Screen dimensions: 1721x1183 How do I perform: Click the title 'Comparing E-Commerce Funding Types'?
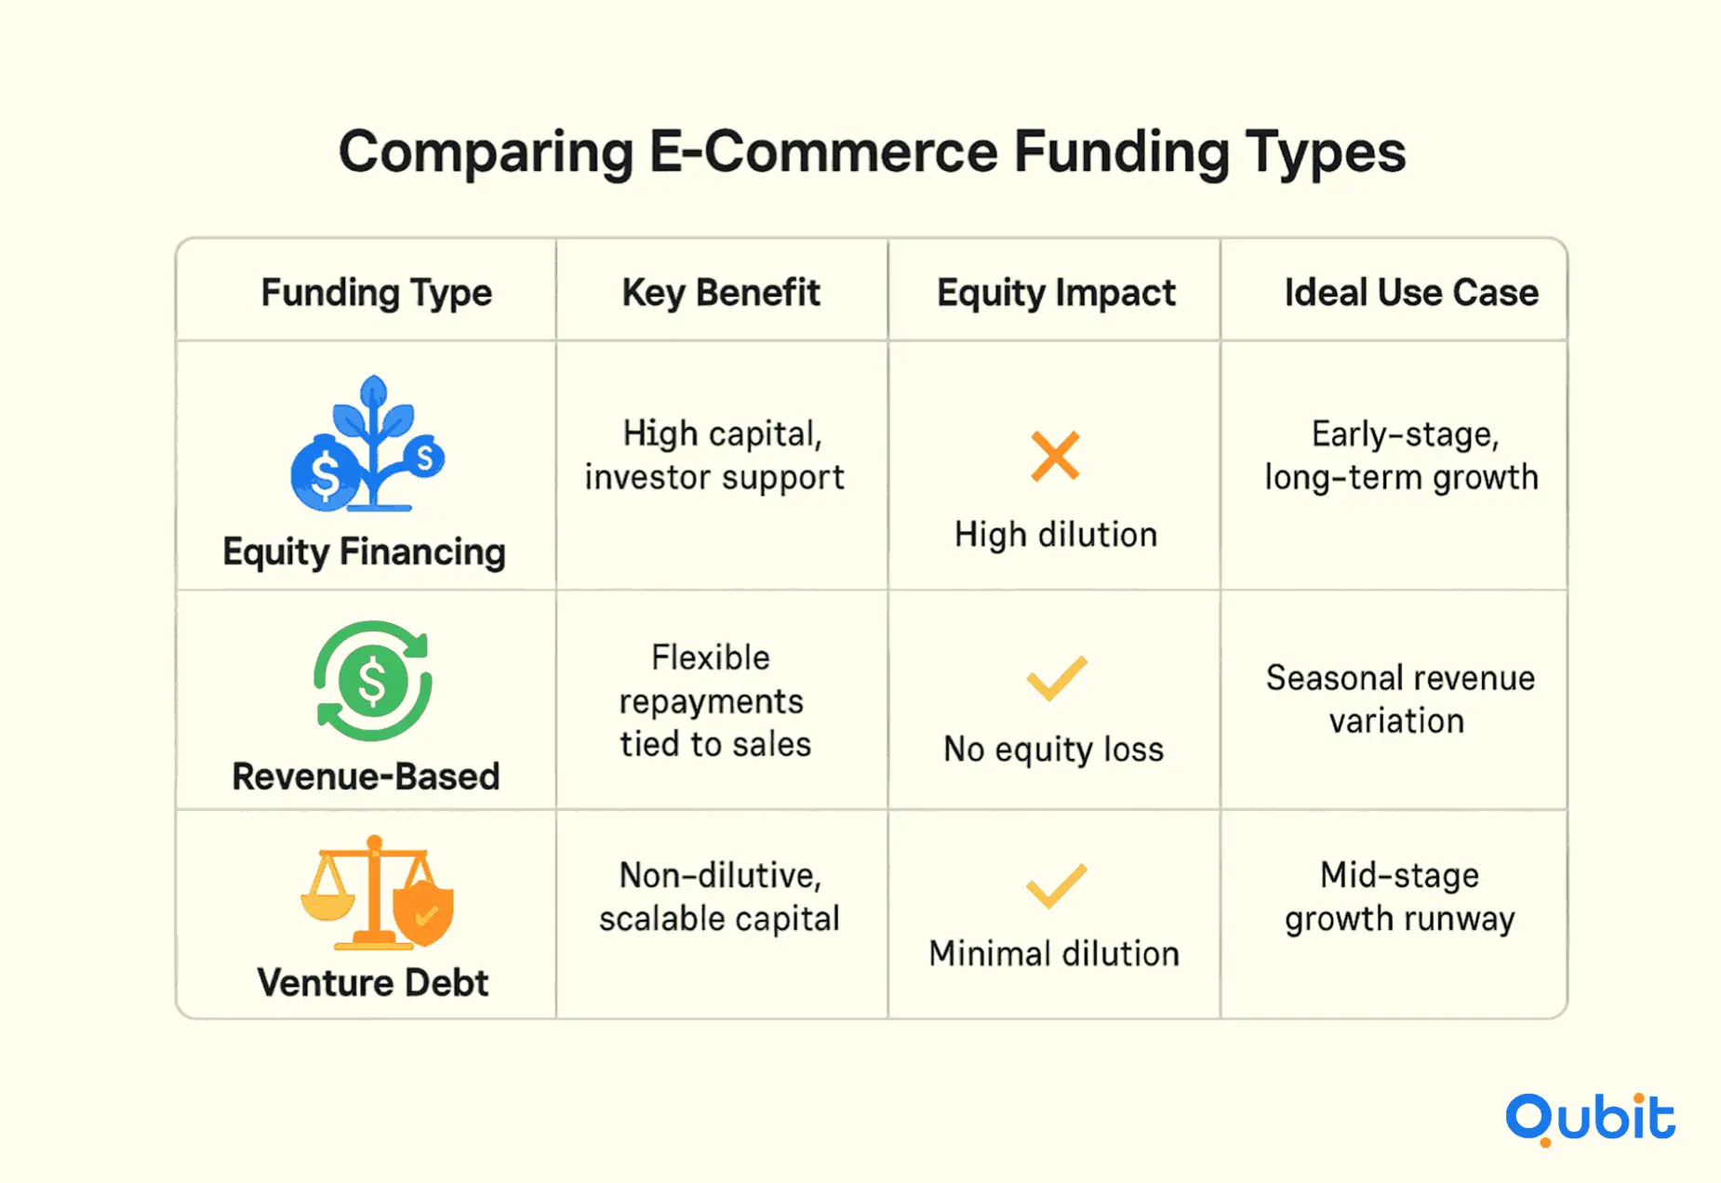click(x=872, y=153)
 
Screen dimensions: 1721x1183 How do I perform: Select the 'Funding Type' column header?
click(x=376, y=293)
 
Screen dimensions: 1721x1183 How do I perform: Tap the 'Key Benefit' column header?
click(x=721, y=292)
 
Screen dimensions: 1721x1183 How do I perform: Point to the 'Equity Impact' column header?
click(x=1056, y=293)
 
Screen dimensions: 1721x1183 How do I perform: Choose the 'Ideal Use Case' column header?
click(x=1411, y=292)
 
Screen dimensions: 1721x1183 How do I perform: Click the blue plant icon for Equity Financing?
click(x=368, y=444)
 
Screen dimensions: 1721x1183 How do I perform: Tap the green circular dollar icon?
click(x=372, y=681)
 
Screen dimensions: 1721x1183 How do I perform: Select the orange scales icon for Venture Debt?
click(x=377, y=892)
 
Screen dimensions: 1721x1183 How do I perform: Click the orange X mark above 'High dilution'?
click(x=1055, y=456)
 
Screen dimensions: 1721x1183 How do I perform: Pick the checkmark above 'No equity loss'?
click(x=1056, y=678)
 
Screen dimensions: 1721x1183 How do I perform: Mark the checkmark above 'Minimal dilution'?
click(x=1056, y=886)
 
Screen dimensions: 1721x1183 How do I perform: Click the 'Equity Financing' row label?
click(x=364, y=552)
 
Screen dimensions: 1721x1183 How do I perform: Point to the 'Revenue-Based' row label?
click(x=366, y=777)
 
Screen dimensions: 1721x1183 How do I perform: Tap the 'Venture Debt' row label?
click(x=372, y=982)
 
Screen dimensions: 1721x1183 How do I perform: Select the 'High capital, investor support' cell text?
click(x=714, y=456)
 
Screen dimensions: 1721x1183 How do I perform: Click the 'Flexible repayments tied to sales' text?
click(x=714, y=700)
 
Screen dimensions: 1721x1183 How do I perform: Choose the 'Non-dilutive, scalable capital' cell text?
click(x=719, y=897)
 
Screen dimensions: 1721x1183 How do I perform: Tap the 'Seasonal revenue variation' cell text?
click(x=1400, y=699)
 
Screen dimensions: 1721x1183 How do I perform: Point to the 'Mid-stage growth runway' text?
click(x=1400, y=897)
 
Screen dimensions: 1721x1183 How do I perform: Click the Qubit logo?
click(x=1591, y=1119)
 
